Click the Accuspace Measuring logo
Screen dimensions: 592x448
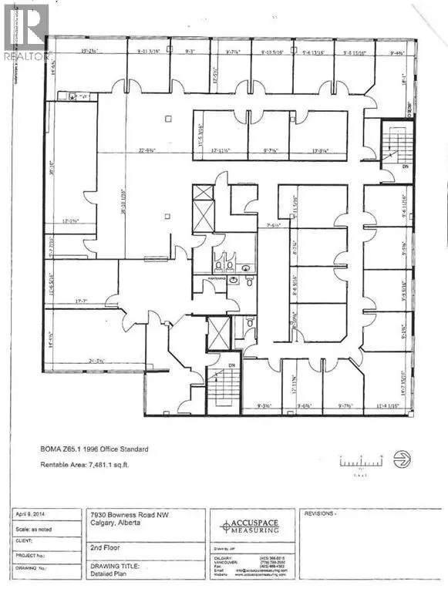251,526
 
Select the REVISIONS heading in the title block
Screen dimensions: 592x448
322,513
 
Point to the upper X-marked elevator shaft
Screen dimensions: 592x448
203,207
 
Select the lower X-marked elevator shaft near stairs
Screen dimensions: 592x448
218,332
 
